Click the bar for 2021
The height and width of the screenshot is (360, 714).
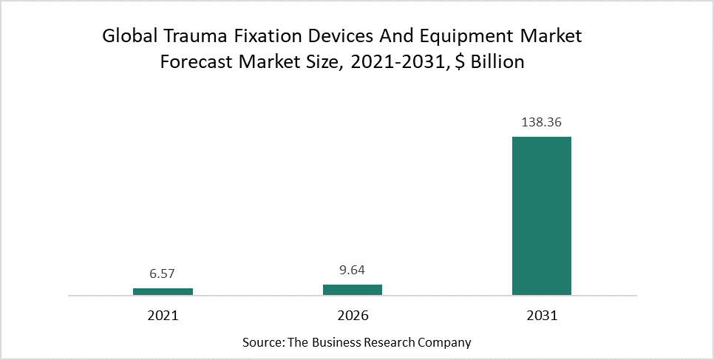(163, 291)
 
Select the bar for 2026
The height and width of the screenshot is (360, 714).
(353, 290)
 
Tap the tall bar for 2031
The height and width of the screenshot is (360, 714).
(542, 216)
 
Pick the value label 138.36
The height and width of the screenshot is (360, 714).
(542, 123)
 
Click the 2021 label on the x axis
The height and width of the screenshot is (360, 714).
(163, 316)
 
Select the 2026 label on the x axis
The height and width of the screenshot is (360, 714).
(353, 316)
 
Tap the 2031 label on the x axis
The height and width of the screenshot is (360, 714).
(542, 316)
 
